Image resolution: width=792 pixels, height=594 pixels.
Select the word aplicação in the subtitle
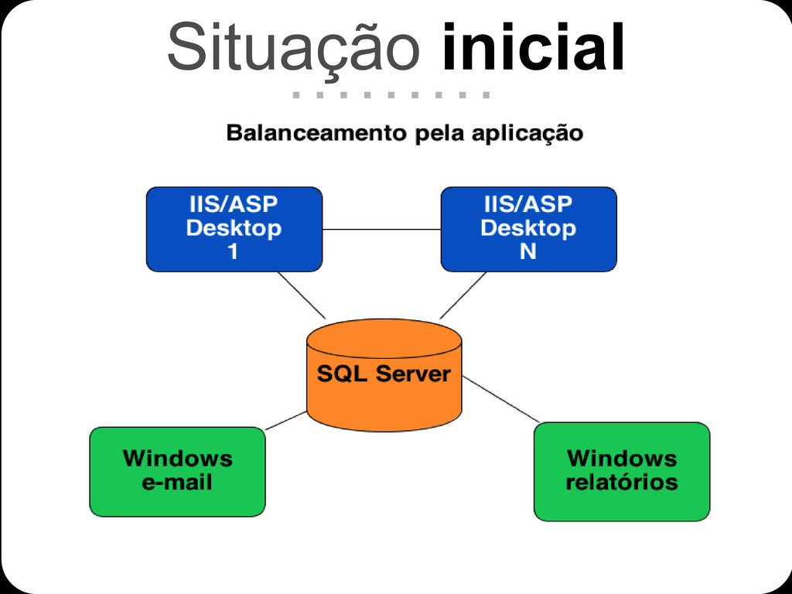pyautogui.click(x=527, y=134)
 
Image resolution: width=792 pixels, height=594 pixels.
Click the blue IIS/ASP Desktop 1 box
pyautogui.click(x=234, y=229)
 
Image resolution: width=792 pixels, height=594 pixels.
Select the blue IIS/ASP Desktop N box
pyautogui.click(x=528, y=229)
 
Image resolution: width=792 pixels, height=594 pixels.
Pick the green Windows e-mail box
pyautogui.click(x=177, y=471)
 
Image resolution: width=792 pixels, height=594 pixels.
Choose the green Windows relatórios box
pyautogui.click(x=621, y=471)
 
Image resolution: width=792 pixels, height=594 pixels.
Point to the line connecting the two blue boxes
pyautogui.click(x=381, y=230)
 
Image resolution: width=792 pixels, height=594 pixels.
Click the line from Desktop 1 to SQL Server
pyautogui.click(x=301, y=295)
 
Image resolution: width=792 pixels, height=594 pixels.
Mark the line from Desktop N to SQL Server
pyautogui.click(x=463, y=295)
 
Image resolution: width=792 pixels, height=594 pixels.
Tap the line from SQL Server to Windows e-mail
pyautogui.click(x=285, y=421)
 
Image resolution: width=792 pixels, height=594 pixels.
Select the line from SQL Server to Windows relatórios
pyautogui.click(x=500, y=399)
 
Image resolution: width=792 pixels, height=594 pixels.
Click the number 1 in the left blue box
pyautogui.click(x=234, y=252)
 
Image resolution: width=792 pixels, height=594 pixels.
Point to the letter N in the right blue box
pyautogui.click(x=528, y=252)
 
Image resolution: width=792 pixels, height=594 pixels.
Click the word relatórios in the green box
pyautogui.click(x=621, y=483)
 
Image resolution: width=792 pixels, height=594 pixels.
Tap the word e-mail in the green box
pyautogui.click(x=177, y=483)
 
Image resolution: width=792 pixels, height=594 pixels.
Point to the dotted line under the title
pyautogui.click(x=391, y=96)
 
